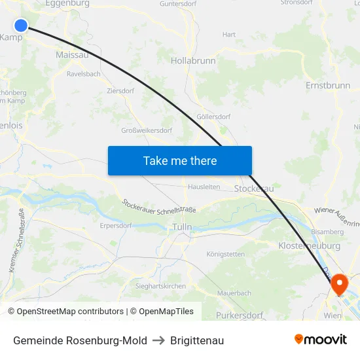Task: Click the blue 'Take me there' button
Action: [180, 160]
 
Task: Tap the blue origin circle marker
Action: [21, 26]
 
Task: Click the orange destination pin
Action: [340, 283]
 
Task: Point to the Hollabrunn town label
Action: [193, 60]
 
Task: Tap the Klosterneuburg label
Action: [309, 245]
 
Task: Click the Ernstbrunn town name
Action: [328, 86]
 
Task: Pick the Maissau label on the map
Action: [72, 56]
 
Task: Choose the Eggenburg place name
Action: [67, 3]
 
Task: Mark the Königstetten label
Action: [225, 254]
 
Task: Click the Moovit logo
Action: [320, 339]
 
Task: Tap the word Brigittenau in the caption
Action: [197, 340]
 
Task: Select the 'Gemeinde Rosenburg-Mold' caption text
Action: [80, 340]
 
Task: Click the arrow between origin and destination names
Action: [158, 340]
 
